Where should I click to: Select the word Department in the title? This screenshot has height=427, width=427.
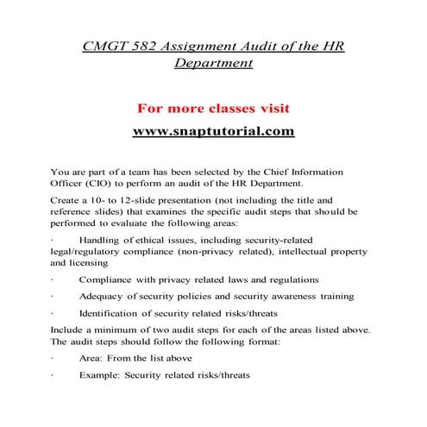click(213, 63)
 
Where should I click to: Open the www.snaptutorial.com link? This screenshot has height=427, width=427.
click(213, 132)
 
